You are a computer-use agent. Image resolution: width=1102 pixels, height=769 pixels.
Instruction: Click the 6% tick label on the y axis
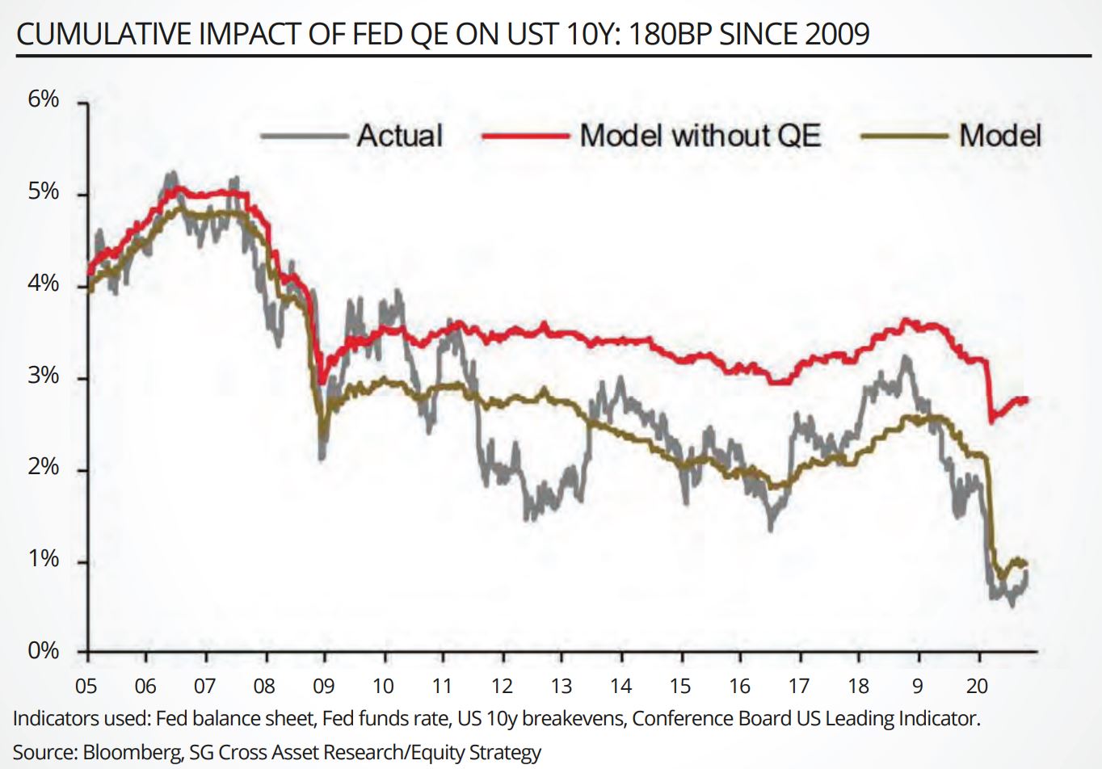[x=44, y=99]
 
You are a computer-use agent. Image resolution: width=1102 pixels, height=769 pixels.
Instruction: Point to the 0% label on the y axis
[x=44, y=650]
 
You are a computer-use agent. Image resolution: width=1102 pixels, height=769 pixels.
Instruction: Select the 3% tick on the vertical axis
[x=44, y=376]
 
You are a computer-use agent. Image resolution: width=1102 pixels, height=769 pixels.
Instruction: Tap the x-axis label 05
[x=86, y=686]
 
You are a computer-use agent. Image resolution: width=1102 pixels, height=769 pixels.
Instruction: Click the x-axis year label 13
[x=561, y=686]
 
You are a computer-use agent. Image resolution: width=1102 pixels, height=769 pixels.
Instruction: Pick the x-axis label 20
[x=977, y=686]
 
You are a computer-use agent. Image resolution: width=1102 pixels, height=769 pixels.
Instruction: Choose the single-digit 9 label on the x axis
[x=918, y=686]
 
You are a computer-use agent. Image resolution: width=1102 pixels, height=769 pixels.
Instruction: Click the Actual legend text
[x=400, y=136]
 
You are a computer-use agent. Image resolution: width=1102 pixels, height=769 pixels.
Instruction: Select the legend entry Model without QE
[x=700, y=136]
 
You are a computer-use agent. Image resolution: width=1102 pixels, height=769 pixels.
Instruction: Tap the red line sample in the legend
[x=525, y=136]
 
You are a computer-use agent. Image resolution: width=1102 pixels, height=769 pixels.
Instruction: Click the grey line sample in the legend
[x=304, y=136]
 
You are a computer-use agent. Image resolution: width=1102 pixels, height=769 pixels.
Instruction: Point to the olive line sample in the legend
[x=904, y=136]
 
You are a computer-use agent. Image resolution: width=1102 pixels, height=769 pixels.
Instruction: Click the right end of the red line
[x=1027, y=399]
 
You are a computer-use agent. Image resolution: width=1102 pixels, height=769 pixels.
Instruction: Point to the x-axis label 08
[x=264, y=686]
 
